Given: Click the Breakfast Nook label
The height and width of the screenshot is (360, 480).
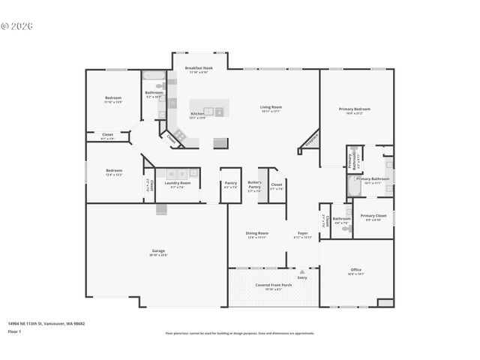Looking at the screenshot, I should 199,68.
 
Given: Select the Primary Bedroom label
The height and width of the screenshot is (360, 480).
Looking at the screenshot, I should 355,109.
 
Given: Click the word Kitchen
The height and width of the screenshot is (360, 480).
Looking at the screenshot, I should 196,114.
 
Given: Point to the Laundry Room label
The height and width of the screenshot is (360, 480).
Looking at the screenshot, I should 180,182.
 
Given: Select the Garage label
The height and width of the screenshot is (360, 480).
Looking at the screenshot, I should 158,250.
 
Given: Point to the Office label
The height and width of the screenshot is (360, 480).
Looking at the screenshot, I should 356,269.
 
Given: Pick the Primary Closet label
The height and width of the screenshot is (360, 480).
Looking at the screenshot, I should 373,215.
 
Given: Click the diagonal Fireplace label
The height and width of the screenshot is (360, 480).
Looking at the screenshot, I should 310,139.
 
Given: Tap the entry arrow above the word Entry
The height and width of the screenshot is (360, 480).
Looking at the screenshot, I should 302,271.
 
